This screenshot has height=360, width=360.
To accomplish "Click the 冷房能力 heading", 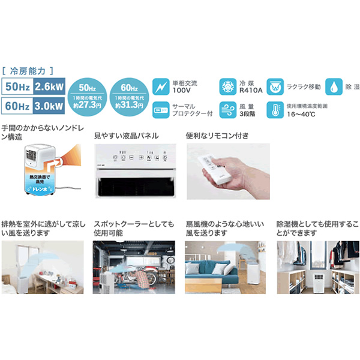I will (x=32, y=70).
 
